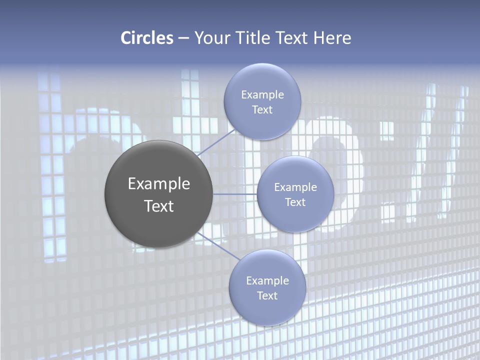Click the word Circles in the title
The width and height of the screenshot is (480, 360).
coord(147,38)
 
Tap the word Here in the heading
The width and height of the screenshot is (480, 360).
coord(332,38)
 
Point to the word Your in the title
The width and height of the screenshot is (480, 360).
coord(211,38)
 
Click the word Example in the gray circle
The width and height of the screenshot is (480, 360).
coord(159,184)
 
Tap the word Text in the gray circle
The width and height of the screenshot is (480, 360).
coord(159,206)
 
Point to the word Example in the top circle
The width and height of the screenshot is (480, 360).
coord(262,95)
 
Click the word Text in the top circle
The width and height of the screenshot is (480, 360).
coord(262,110)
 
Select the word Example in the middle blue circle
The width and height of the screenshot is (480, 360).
coord(295,187)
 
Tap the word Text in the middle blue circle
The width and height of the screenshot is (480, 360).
coord(295,202)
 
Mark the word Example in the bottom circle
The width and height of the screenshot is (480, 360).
coord(267,281)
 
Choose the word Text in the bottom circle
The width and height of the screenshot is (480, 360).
coord(267,296)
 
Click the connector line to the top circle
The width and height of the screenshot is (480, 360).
coord(216,143)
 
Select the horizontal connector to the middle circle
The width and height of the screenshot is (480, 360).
coord(235,194)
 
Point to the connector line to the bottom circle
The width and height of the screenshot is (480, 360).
coord(218,245)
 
